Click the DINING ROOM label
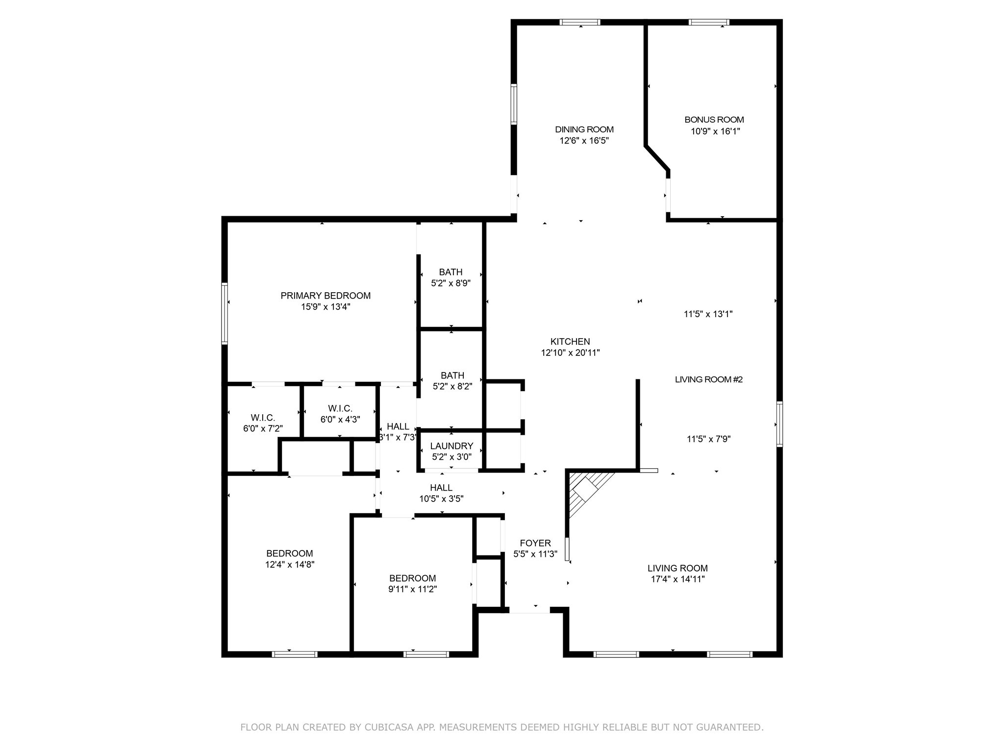584,129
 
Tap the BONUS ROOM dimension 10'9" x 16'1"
715,131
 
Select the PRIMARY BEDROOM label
326,296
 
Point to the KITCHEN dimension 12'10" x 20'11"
570,352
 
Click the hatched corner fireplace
586,493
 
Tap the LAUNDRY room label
452,446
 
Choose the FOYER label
535,543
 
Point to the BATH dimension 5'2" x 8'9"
451,283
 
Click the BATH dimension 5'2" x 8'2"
452,386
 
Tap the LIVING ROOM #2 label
709,379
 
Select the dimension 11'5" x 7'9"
708,439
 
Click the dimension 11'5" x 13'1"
708,314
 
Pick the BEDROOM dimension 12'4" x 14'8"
289,565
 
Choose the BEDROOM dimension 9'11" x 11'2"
412,589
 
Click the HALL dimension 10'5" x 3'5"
441,499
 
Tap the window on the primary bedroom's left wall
225,313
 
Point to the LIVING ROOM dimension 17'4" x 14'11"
678,579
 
